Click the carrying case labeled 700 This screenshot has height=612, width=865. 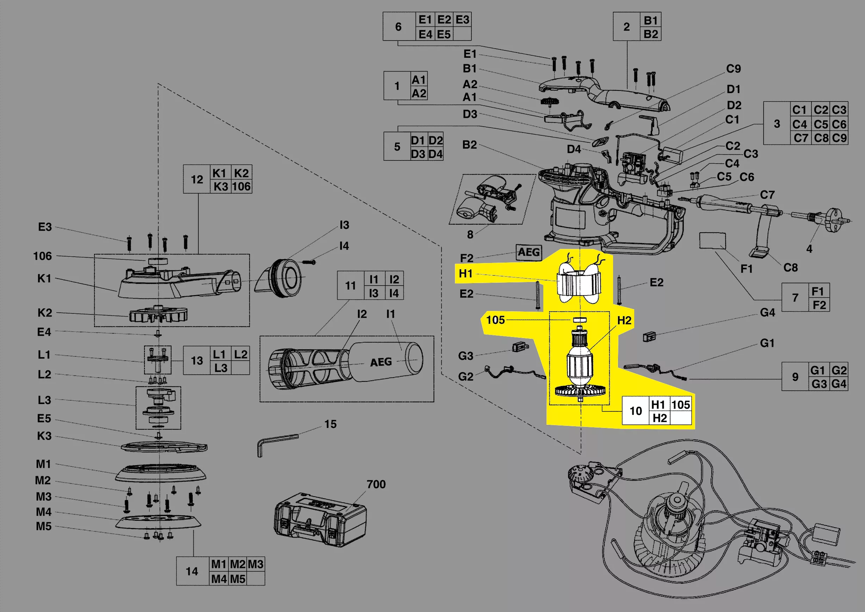pyautogui.click(x=320, y=519)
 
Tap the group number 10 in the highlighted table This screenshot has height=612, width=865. pyautogui.click(x=636, y=411)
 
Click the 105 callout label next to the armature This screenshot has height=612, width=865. pyautogui.click(x=495, y=320)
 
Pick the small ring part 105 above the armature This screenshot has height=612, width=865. pyautogui.click(x=580, y=319)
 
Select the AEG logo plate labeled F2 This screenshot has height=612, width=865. pyautogui.click(x=529, y=252)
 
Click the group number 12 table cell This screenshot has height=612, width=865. pyautogui.click(x=197, y=179)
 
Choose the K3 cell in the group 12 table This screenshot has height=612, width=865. pyautogui.click(x=221, y=186)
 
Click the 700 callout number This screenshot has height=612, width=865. pyautogui.click(x=376, y=484)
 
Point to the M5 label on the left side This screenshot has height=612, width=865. pyautogui.click(x=44, y=526)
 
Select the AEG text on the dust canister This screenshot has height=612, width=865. pyautogui.click(x=381, y=362)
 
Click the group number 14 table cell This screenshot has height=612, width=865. pyautogui.click(x=192, y=571)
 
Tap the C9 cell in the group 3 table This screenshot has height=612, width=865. pyautogui.click(x=839, y=138)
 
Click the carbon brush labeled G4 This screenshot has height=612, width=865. pyautogui.click(x=649, y=336)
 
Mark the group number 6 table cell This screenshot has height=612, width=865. pyautogui.click(x=398, y=27)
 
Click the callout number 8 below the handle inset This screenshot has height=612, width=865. pyautogui.click(x=470, y=234)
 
